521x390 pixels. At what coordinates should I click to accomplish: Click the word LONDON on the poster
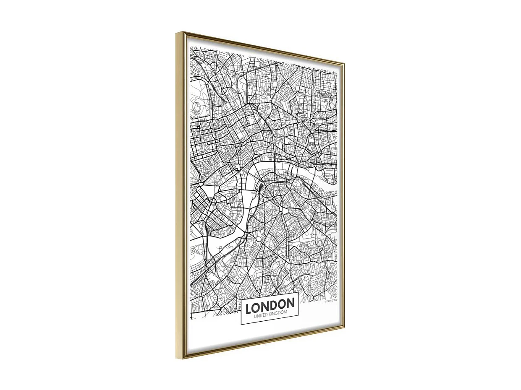tap(270, 306)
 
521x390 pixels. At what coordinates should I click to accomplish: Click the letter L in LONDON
tap(248, 309)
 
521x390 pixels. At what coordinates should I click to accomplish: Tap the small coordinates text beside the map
tap(331, 300)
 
